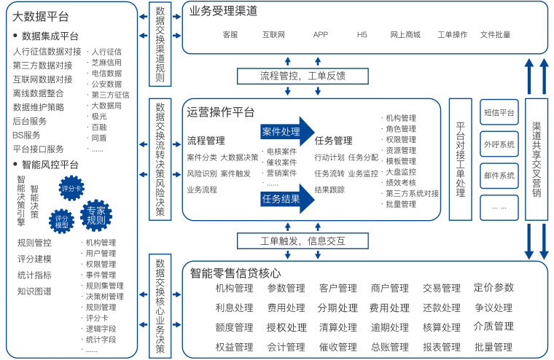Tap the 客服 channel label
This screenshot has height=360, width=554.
coord(230,34)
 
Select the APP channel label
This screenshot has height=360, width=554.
coord(320,34)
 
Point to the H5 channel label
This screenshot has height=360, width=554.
coord(362,34)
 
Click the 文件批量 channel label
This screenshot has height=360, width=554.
coord(495,34)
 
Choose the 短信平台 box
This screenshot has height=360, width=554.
coord(499,113)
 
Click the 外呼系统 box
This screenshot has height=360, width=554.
coord(499,144)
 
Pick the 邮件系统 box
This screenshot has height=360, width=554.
coord(499,176)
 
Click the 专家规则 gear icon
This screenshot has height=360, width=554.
coord(95,216)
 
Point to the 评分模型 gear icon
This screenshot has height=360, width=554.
coord(61,221)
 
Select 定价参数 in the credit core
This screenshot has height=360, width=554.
coord(493,288)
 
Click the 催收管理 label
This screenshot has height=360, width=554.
coord(338,347)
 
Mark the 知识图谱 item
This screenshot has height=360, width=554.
coord(34,291)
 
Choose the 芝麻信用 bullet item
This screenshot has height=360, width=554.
coord(106,63)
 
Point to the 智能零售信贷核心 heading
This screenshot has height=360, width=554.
coord(235,273)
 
